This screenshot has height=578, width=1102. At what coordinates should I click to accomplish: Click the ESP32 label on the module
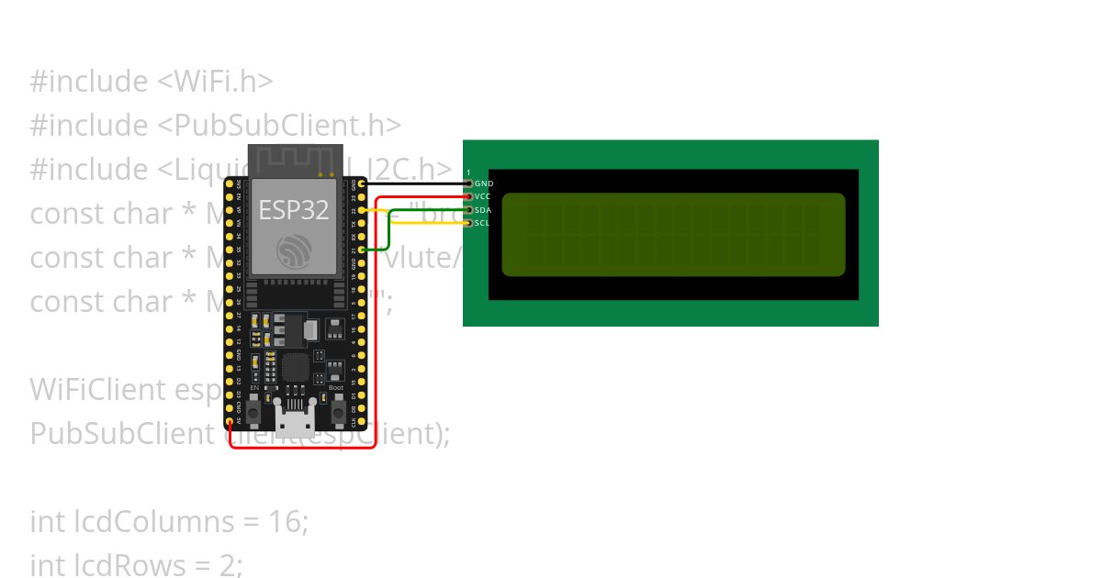tap(293, 210)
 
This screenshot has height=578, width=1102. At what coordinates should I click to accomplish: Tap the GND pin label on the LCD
tap(484, 184)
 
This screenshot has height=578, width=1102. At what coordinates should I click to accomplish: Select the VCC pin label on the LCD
tap(483, 197)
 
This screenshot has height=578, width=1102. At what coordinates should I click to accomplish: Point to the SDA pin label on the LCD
tap(483, 210)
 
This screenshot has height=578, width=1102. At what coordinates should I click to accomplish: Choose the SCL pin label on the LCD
tap(483, 223)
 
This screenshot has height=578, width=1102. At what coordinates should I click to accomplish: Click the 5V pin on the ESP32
tap(230, 421)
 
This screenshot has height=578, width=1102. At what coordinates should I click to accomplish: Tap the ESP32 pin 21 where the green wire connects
tap(363, 250)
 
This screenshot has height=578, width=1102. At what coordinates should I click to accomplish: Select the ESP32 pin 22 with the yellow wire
tap(363, 210)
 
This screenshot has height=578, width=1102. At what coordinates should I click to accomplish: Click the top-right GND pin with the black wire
tap(363, 184)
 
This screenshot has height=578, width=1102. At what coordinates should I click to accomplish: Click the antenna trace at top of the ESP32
tap(295, 160)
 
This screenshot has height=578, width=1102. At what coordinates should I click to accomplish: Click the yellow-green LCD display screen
tap(673, 234)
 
